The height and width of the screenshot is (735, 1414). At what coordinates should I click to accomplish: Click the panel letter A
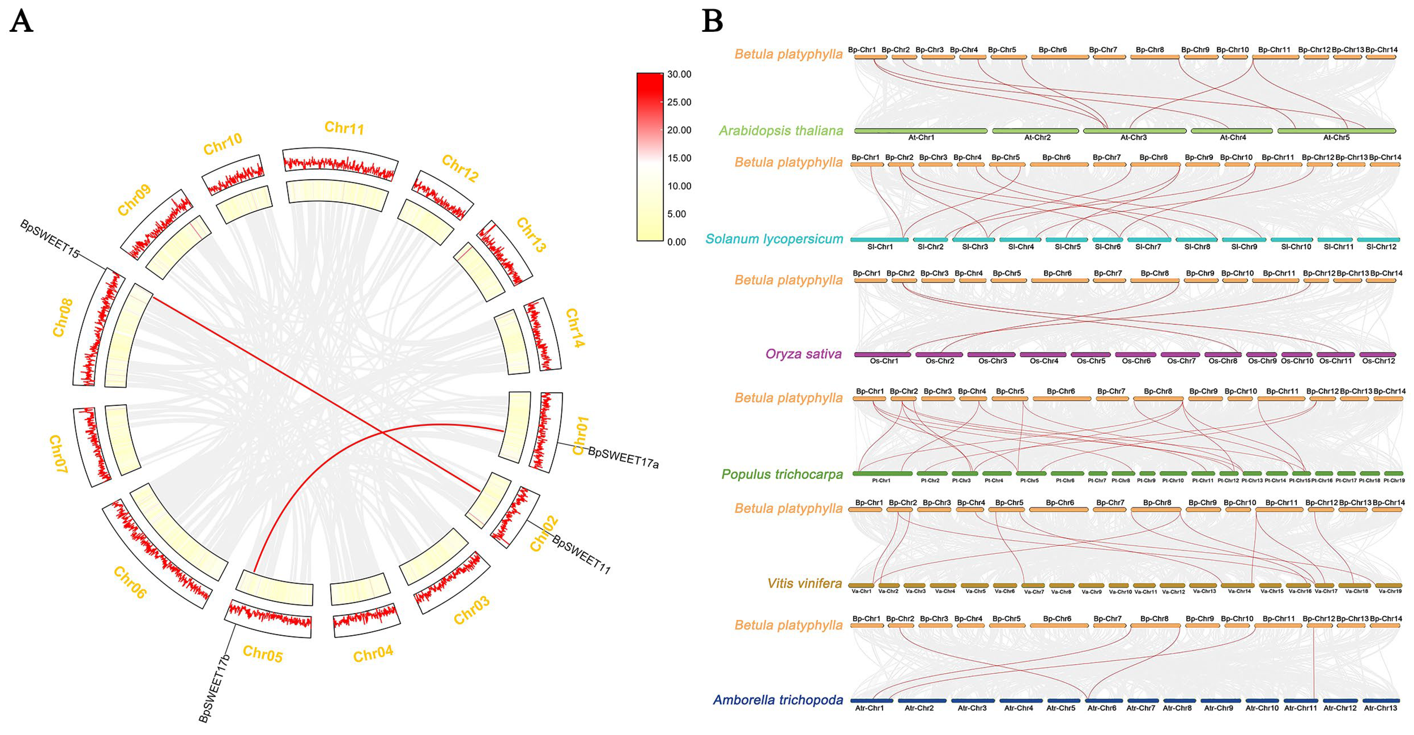point(22,22)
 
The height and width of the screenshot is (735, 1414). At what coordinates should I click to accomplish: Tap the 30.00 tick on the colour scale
point(679,74)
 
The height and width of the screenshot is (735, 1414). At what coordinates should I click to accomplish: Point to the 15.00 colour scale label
point(679,158)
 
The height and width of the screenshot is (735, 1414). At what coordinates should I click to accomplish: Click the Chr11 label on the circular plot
point(344,128)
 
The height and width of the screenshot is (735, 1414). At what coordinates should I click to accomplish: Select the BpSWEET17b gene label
point(215,688)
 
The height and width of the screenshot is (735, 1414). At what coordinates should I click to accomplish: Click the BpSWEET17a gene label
point(623,457)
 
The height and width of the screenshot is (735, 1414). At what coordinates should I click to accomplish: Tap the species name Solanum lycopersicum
point(774,239)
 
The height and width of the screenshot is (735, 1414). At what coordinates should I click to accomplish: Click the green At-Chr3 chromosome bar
point(1134,131)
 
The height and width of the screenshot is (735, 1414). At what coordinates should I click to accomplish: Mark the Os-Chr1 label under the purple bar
point(884,361)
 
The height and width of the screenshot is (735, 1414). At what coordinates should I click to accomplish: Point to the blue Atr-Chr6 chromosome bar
point(1102,700)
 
